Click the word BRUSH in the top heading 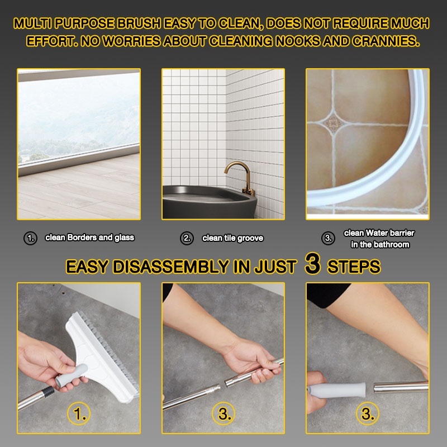(139, 23)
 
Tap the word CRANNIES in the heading (386, 41)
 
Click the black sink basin (210, 202)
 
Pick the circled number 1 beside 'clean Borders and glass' (30, 238)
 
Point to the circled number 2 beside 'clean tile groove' (187, 238)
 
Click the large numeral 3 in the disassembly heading (313, 263)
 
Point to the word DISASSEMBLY (170, 267)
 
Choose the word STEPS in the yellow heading (354, 267)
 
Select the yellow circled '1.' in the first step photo (79, 413)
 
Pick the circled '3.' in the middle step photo (224, 413)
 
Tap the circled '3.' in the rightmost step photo (368, 413)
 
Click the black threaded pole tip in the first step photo (47, 392)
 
